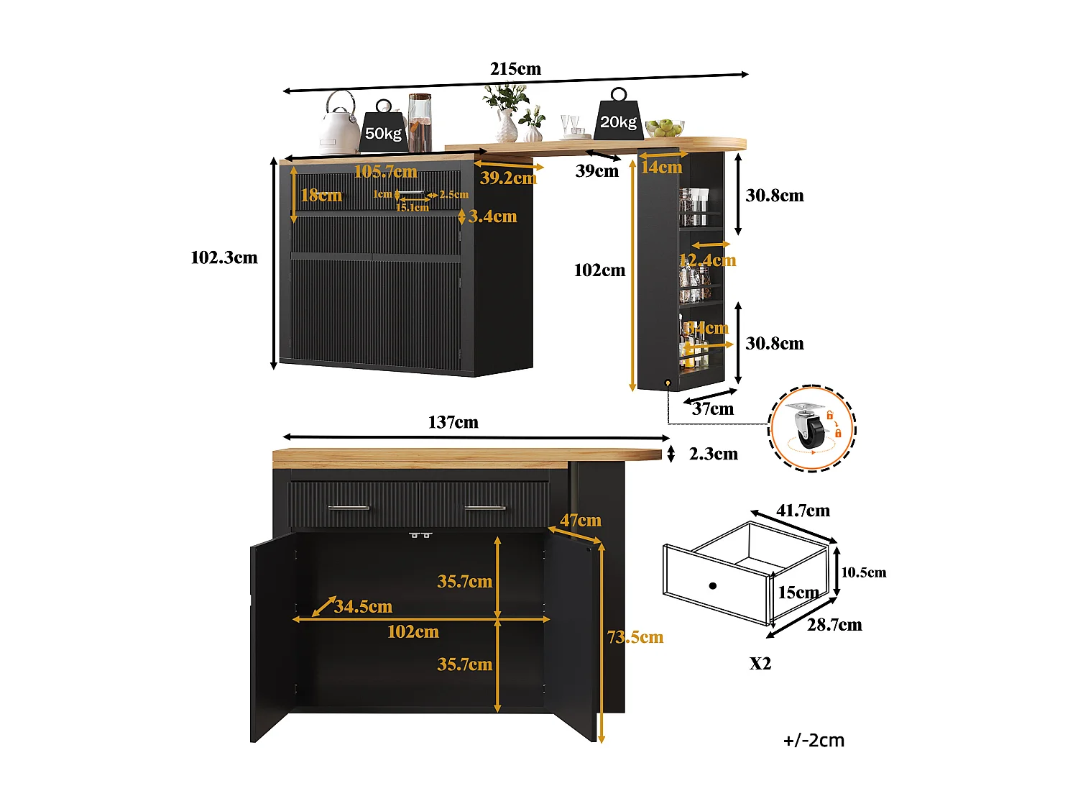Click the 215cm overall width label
click(x=515, y=69)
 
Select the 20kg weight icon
click(x=619, y=119)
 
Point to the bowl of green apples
click(x=665, y=129)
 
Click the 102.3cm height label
click(x=224, y=258)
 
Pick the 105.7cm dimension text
click(x=385, y=171)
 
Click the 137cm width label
click(x=453, y=423)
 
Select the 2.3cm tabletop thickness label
click(x=713, y=454)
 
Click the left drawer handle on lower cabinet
click(x=349, y=508)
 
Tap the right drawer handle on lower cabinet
click(x=485, y=508)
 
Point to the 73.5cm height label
click(x=635, y=637)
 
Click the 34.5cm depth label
click(x=363, y=607)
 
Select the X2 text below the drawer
click(x=760, y=664)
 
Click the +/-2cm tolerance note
click(x=814, y=741)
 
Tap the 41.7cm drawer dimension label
click(x=803, y=511)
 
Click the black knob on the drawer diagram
click(x=713, y=586)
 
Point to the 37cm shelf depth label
click(x=713, y=409)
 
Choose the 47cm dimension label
click(x=581, y=521)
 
